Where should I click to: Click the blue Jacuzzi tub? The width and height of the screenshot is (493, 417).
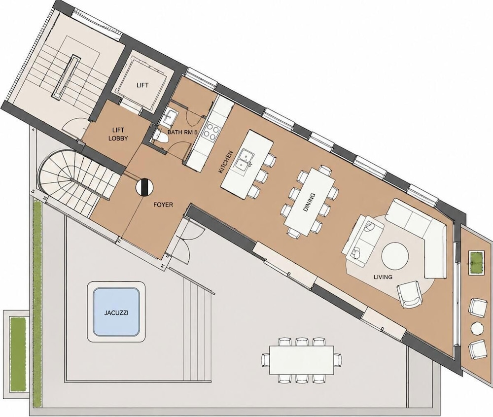click(x=116, y=312)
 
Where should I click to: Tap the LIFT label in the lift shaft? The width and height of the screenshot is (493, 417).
click(x=142, y=85)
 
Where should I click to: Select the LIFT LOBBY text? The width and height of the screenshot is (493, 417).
click(x=118, y=134)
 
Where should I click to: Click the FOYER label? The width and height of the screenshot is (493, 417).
click(x=163, y=205)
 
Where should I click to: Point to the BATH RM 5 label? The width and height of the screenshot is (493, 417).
click(x=182, y=132)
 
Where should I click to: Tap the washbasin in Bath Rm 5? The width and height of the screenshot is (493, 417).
click(x=170, y=117)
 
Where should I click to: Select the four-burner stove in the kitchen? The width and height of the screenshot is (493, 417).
click(x=211, y=131)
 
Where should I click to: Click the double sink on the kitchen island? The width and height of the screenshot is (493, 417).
click(x=244, y=160)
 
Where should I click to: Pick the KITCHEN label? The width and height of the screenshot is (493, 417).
click(x=225, y=162)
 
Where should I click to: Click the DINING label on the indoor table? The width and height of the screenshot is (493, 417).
click(x=309, y=202)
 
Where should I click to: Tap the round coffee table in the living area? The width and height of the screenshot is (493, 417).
click(x=395, y=255)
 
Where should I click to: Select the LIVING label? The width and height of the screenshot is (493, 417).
click(x=383, y=277)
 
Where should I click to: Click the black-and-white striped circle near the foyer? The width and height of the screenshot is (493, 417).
click(x=144, y=187)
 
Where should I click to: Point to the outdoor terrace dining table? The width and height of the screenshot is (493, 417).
click(x=302, y=360)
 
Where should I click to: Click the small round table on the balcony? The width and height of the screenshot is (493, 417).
click(x=477, y=328)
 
